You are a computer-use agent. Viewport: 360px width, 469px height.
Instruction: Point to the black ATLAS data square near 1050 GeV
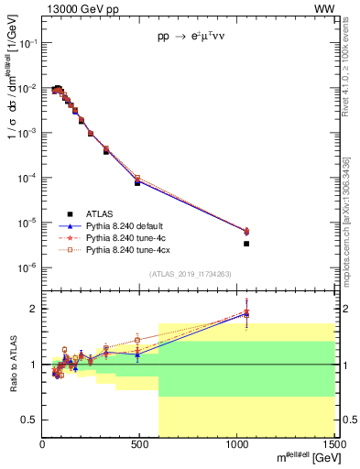[246, 244]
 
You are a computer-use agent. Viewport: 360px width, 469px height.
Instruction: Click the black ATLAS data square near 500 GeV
[137, 182]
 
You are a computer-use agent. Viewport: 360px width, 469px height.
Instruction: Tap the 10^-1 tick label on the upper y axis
[29, 43]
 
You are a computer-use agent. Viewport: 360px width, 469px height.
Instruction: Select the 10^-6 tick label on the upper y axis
[29, 267]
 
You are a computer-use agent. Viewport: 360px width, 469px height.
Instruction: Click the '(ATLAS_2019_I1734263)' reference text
[189, 274]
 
